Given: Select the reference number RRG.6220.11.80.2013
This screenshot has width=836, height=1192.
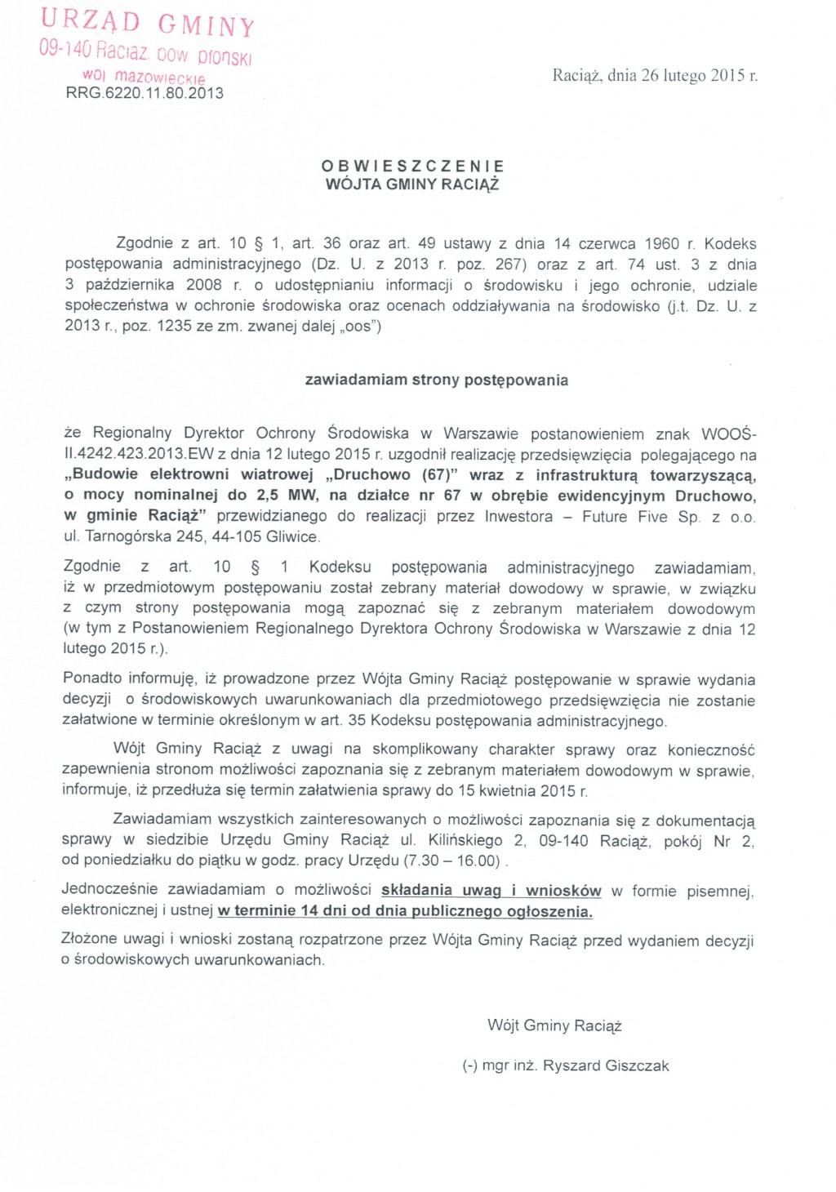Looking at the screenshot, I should pos(145,93).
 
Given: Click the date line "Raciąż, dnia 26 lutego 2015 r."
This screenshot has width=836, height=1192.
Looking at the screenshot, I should pos(655,76).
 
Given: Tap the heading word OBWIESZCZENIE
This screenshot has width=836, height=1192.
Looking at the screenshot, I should pos(412,167).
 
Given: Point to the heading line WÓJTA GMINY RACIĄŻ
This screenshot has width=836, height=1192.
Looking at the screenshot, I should pos(412,185).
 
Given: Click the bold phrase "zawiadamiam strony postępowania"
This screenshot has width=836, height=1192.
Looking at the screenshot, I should pos(436,380).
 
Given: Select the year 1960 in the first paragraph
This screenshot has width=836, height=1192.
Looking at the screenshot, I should pos(661,244).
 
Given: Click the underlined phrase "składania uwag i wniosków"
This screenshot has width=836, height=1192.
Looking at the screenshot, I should pos(491,891).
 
